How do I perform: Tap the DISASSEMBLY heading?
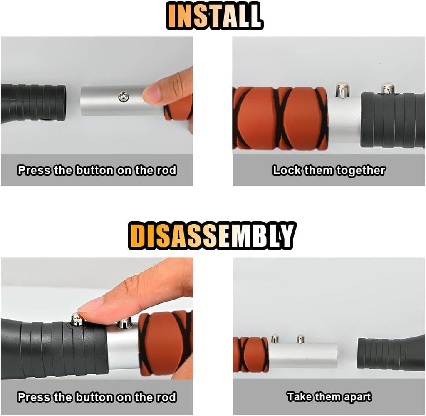(212, 236)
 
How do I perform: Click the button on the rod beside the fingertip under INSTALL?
(124, 97)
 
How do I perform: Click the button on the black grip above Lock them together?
(388, 88)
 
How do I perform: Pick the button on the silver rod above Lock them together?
(342, 89)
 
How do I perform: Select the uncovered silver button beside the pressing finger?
(124, 322)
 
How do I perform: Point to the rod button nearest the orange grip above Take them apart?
(275, 339)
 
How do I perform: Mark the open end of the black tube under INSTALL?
(62, 102)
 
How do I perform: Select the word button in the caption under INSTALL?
(94, 171)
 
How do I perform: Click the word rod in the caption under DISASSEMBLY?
(166, 397)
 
